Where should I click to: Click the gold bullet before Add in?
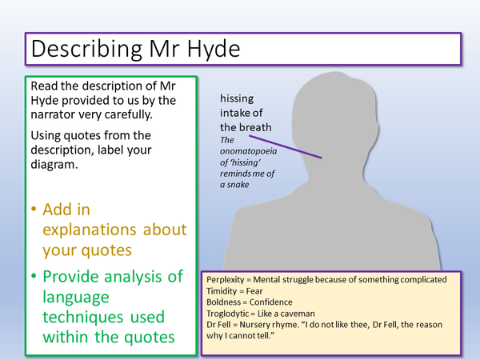tap(34, 210)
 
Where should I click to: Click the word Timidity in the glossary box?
tap(227, 292)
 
